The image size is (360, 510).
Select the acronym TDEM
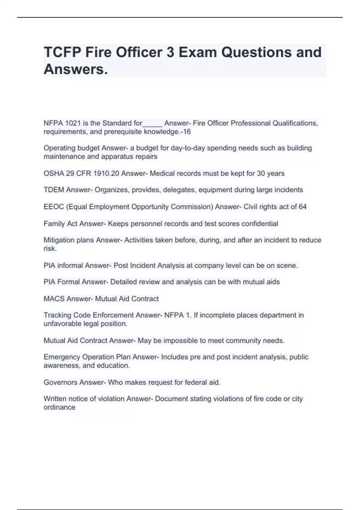tap(54, 190)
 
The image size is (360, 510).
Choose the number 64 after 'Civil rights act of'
tap(302, 207)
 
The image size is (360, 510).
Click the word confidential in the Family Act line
tap(260, 223)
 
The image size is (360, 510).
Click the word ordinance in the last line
tap(59, 407)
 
